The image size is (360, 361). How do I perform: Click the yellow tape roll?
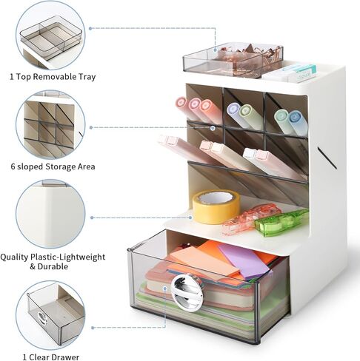click(x=216, y=206)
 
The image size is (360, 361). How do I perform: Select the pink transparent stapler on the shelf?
click(x=251, y=218)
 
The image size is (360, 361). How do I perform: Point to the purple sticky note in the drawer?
click(x=244, y=260)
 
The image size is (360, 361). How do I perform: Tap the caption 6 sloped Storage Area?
click(x=53, y=166)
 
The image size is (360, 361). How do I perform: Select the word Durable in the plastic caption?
click(x=53, y=266)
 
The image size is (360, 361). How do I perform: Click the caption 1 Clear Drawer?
click(x=51, y=357)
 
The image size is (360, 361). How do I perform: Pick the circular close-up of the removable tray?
click(x=50, y=36)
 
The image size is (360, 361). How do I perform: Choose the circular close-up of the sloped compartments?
click(x=50, y=125)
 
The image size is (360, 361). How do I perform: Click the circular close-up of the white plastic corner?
click(x=50, y=214)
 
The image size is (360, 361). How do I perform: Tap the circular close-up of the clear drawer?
click(x=50, y=315)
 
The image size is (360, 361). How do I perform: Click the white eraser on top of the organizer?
click(x=290, y=72)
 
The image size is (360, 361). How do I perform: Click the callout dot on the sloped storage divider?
click(x=213, y=128)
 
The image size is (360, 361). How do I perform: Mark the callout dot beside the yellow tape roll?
click(x=190, y=217)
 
